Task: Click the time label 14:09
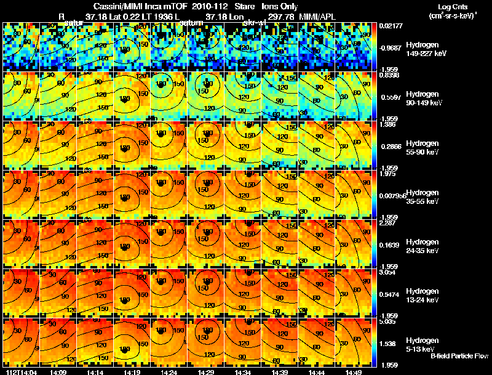[58, 372]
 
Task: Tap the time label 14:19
[132, 372]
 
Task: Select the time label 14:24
[169, 372]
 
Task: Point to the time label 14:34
[243, 372]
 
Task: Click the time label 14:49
[354, 372]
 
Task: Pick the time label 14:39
[280, 372]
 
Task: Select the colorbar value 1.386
[387, 124]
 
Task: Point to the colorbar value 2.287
[387, 223]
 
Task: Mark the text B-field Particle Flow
[459, 356]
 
